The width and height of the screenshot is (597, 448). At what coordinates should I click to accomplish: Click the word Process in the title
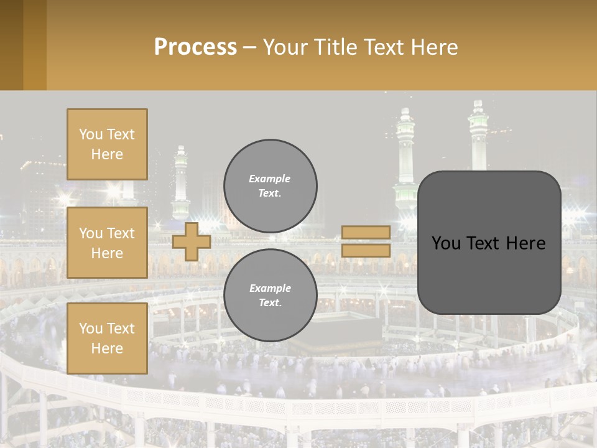[x=195, y=47]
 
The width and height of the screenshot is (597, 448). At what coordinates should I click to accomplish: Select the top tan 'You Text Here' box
[x=107, y=144]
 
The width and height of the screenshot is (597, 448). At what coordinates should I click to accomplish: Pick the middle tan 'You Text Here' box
[x=107, y=243]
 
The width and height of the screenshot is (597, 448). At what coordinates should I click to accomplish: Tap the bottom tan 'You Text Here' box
[x=107, y=338]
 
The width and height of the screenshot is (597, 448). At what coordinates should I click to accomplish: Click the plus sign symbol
[x=191, y=241]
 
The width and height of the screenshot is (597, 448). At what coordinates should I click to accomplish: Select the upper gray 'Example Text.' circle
[x=271, y=186]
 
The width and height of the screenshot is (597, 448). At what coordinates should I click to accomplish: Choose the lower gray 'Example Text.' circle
[x=271, y=296]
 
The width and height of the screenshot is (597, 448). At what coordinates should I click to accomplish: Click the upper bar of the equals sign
[x=366, y=232]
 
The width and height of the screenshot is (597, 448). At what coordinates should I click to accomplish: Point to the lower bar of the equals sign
[x=366, y=250]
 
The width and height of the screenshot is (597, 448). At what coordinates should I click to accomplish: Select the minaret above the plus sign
[x=181, y=184]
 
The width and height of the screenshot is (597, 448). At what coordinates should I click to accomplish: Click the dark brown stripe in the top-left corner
[x=11, y=45]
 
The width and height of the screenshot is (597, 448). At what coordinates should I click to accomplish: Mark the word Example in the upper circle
[x=269, y=179]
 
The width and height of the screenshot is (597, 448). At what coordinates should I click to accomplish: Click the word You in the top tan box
[x=91, y=134]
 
